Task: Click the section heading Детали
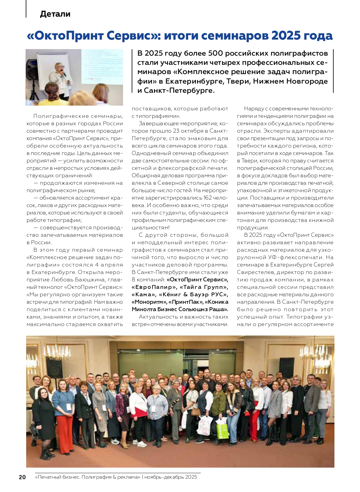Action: [x=55, y=14]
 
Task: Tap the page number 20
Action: [x=22, y=477]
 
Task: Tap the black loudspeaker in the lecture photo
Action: [x=32, y=68]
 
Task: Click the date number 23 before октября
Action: [x=176, y=131]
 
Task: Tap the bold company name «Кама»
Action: [x=144, y=294]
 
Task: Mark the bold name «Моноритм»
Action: [x=149, y=302]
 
